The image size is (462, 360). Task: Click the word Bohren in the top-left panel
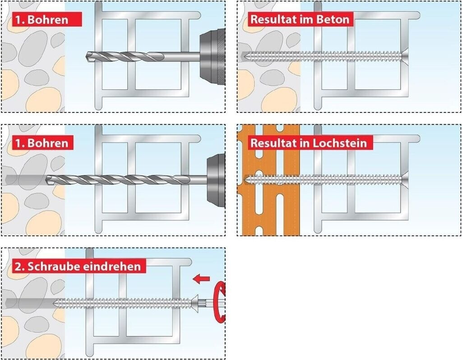pyautogui.click(x=48, y=20)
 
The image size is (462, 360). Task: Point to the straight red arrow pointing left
pyautogui.click(x=201, y=279)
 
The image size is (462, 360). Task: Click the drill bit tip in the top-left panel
pyautogui.click(x=87, y=56)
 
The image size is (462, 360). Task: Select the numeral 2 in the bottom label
pyautogui.click(x=18, y=267)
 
